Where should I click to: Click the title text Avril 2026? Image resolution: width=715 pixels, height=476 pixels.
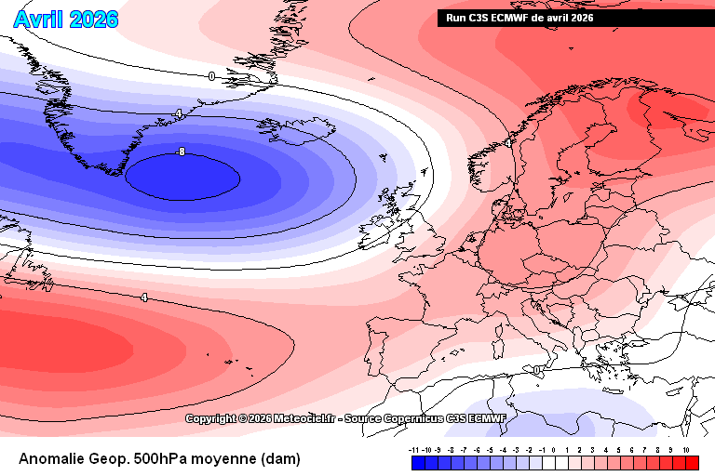tap(66, 19)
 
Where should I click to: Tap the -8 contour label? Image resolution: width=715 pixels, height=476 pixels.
tap(181, 152)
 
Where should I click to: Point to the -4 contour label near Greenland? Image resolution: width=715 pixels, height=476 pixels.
tap(178, 113)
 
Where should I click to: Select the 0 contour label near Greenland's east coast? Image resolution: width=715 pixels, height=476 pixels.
tap(211, 76)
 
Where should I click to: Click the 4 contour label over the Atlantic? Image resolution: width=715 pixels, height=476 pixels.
tap(143, 297)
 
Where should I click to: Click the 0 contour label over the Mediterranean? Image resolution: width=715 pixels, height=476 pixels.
tap(538, 370)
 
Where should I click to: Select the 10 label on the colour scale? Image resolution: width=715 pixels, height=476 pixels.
tap(685, 449)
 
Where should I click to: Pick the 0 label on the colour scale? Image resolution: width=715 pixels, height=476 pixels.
tap(553, 449)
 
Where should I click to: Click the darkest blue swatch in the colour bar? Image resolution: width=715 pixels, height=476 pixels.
tap(418, 462)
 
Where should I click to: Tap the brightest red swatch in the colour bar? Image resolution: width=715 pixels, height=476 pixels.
tap(691, 462)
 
